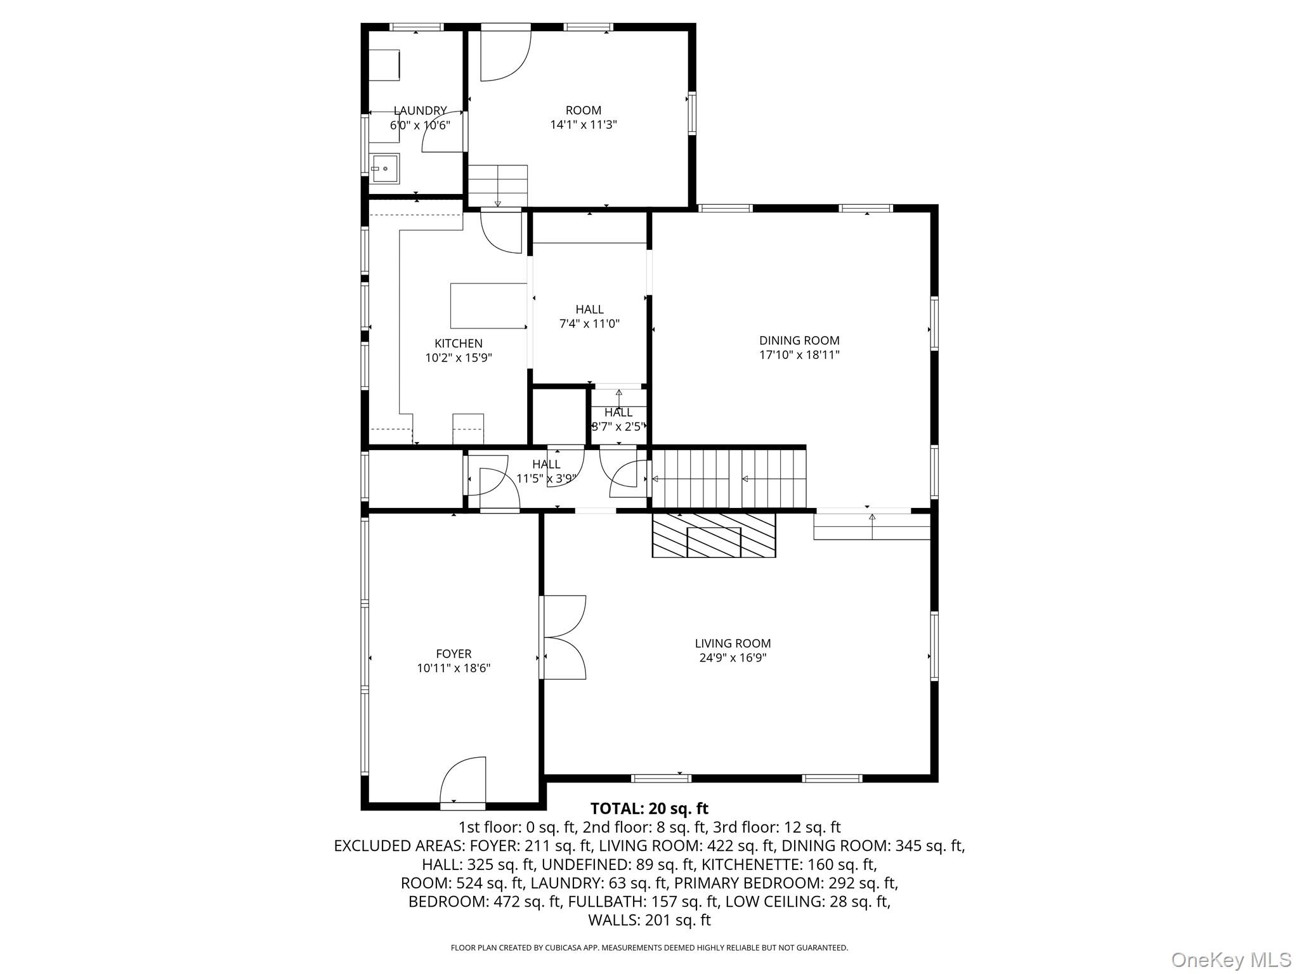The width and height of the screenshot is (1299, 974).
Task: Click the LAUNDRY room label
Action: tap(420, 111)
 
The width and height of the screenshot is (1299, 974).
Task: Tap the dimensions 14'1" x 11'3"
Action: tap(584, 125)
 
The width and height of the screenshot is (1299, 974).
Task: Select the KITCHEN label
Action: tap(459, 344)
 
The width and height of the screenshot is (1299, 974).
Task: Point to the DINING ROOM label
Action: tap(799, 341)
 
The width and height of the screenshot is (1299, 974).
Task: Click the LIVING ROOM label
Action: tap(733, 644)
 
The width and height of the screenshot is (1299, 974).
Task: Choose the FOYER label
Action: tap(454, 654)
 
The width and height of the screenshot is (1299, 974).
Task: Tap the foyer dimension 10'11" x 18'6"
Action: tap(454, 668)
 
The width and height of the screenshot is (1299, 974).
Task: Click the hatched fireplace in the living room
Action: tap(714, 535)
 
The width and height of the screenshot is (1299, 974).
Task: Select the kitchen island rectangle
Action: tap(488, 306)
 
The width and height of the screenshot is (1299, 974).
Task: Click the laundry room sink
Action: tap(385, 169)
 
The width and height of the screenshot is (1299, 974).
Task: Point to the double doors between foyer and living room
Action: tap(563, 637)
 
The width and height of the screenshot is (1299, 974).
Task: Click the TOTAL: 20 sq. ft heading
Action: tap(649, 809)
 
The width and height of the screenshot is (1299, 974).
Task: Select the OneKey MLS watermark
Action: tap(1231, 959)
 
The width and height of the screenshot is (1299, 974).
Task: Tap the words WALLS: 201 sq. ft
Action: tap(649, 920)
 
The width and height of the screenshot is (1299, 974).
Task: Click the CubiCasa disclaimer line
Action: tap(649, 948)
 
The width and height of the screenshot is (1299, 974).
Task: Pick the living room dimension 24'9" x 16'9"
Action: tap(733, 658)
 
